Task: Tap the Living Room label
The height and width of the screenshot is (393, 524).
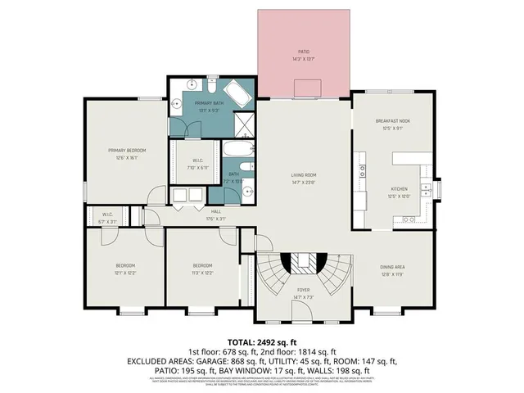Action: pyautogui.click(x=304, y=174)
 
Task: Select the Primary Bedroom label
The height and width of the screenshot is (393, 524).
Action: pyautogui.click(x=126, y=151)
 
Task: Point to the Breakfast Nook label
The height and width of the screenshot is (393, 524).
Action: pyautogui.click(x=393, y=121)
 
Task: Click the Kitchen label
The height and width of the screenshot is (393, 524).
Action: pyautogui.click(x=398, y=189)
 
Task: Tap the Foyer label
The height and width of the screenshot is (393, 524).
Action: pyautogui.click(x=303, y=289)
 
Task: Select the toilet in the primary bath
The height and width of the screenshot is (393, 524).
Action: pyautogui.click(x=210, y=87)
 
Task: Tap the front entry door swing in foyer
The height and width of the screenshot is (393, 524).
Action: pyautogui.click(x=304, y=315)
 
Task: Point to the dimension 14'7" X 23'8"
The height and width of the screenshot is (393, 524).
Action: pyautogui.click(x=304, y=183)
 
